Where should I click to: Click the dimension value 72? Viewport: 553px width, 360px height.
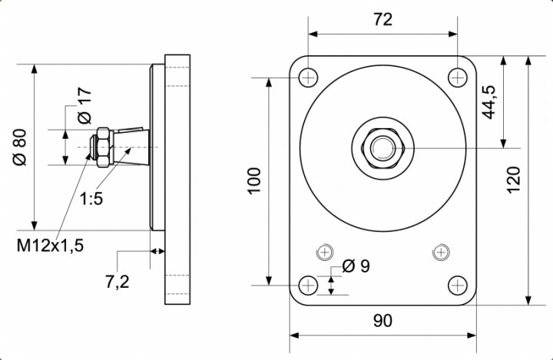[x=382, y=20]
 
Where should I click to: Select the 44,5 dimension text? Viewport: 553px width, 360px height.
[x=488, y=100]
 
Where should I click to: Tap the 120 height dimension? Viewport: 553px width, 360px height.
[x=514, y=179]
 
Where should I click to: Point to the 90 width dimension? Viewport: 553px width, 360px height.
[x=382, y=320]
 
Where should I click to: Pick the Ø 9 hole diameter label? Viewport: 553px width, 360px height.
[x=356, y=266]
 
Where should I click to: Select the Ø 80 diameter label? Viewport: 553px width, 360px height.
[x=20, y=147]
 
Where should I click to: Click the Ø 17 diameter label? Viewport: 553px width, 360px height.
[x=85, y=107]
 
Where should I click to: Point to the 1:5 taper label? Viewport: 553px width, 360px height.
[x=91, y=199]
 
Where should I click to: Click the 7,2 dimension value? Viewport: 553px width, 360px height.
[x=117, y=282]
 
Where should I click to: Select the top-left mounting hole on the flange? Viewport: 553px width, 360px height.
[x=308, y=77]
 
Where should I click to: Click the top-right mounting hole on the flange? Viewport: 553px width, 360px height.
[x=458, y=77]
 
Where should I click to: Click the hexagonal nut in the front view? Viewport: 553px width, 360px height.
[x=382, y=147]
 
